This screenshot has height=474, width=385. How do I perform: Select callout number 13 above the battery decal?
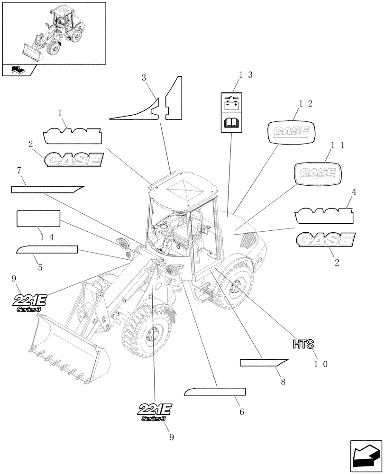coord(246,75)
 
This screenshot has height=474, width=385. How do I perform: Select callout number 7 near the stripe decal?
coord(18,170)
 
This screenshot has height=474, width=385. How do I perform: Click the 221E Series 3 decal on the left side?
coord(29,302)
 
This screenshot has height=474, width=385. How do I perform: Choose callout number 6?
coord(241,412)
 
